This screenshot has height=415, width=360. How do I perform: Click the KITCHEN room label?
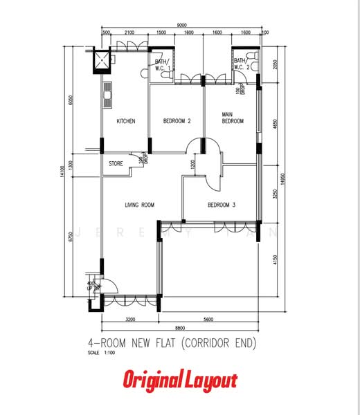pos(125,121)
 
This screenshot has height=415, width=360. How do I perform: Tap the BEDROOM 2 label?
pos(177,121)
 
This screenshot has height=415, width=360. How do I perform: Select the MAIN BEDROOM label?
pos(233,118)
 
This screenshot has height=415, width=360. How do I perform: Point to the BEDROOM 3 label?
pos(222,205)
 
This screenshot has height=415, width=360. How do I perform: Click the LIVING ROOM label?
pos(139,205)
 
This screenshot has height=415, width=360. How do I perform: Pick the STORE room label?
pos(116,164)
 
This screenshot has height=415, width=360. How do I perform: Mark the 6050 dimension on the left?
pos(71,100)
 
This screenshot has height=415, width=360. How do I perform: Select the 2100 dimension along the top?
pos(129,33)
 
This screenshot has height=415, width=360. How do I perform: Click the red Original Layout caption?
pos(180,380)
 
